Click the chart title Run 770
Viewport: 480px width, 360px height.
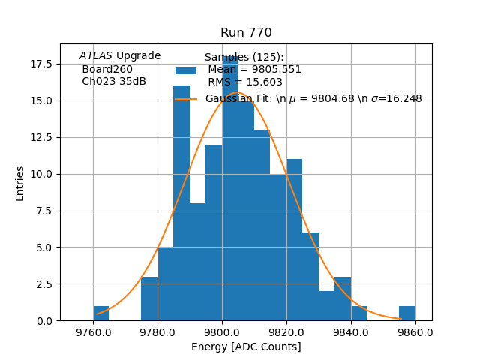(246, 33)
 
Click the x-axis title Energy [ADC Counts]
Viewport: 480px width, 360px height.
(246, 346)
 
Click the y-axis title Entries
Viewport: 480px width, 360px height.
(20, 183)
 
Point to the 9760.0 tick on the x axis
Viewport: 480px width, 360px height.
(93, 331)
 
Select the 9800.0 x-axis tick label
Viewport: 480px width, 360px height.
(222, 331)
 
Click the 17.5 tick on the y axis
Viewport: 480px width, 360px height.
(40, 64)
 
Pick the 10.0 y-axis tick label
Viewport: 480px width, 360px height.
(40, 174)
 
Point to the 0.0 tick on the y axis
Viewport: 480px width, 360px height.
(43, 321)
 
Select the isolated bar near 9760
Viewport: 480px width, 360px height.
(101, 313)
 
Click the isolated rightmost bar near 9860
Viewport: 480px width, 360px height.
(406, 313)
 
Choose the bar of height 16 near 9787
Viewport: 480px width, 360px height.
(181, 202)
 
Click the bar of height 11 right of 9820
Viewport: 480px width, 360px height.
(294, 240)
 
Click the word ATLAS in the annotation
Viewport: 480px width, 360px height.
(96, 56)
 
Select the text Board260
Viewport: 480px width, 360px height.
(107, 69)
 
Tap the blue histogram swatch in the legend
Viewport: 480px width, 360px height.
(186, 70)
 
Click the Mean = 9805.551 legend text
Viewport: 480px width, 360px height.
(254, 70)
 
